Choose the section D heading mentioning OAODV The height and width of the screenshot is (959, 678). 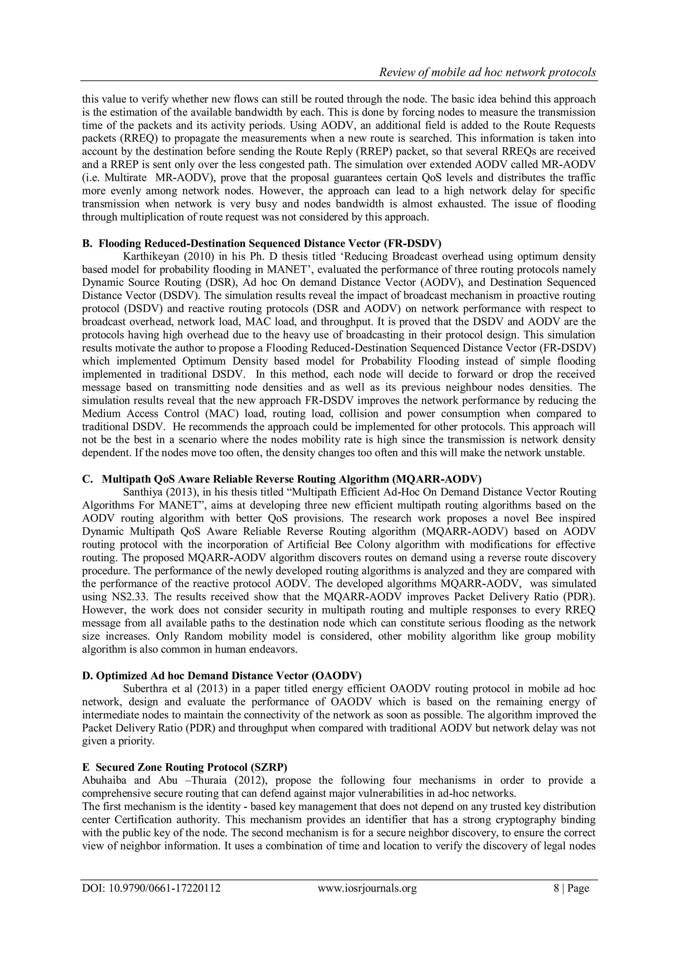coord(222,676)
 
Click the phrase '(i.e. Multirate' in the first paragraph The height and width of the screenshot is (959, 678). coord(114,177)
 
